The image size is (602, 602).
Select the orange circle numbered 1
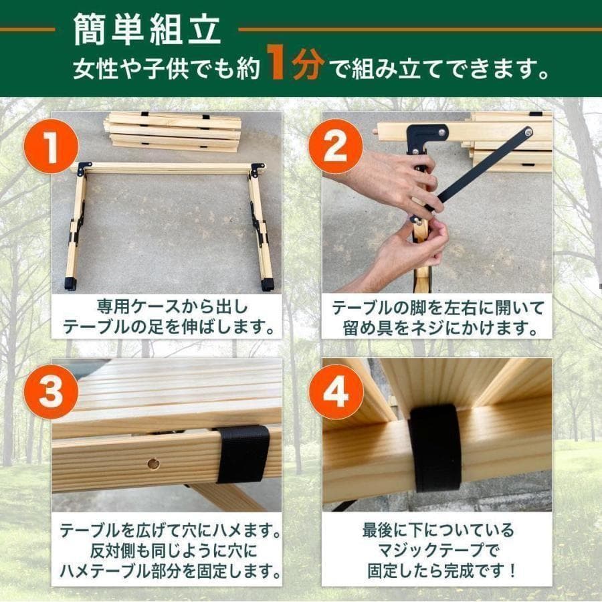click(x=52, y=148)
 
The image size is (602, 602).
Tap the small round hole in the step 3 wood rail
click(x=154, y=463)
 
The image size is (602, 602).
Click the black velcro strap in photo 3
click(x=243, y=454)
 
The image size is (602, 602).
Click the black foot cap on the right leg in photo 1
click(x=268, y=284)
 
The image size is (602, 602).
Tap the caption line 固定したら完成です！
click(x=438, y=573)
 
